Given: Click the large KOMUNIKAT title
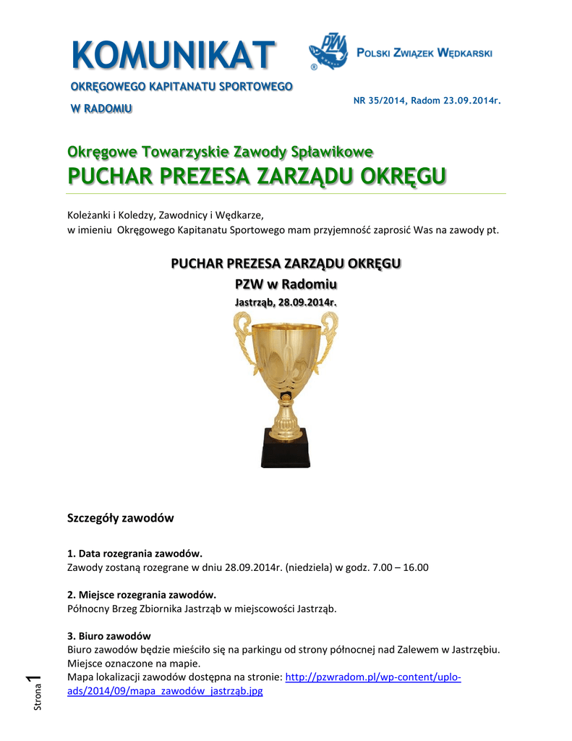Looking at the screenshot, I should (x=172, y=56).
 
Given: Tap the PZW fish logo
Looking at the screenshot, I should (x=328, y=51).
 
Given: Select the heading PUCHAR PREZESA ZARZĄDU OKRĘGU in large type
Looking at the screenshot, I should (x=257, y=177).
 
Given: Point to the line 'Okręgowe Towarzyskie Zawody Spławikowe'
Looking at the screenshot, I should (x=220, y=152).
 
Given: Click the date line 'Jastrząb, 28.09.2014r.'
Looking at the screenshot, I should (x=286, y=301).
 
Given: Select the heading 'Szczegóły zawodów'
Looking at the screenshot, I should (x=121, y=518).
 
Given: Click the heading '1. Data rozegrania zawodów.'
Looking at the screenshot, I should (x=135, y=554).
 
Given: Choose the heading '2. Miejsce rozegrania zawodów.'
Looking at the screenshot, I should (x=142, y=595).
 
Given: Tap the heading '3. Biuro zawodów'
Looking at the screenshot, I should (x=109, y=636).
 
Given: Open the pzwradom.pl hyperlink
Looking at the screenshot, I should (x=373, y=677).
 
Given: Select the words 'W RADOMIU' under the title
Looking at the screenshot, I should (x=101, y=109).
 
